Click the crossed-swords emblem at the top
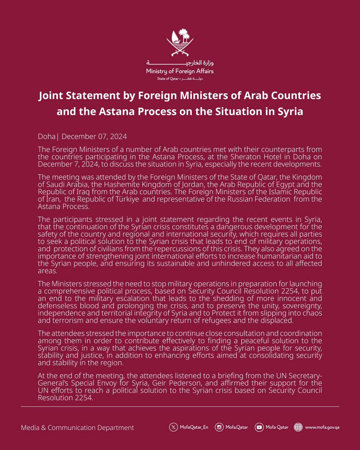[x=180, y=43]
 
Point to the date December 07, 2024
[x=94, y=136]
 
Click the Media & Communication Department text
[x=77, y=427]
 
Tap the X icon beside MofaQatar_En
[x=173, y=427]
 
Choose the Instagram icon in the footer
[x=219, y=427]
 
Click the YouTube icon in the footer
[x=259, y=427]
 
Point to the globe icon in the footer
[x=298, y=427]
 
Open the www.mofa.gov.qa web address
[x=322, y=427]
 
